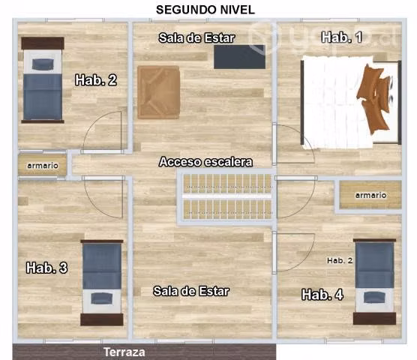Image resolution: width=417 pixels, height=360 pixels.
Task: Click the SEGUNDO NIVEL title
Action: [205, 10]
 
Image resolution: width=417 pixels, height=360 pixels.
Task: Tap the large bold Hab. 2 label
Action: [96, 79]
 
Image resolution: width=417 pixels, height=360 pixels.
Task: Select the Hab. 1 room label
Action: [341, 37]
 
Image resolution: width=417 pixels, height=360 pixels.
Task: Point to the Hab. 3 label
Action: [46, 268]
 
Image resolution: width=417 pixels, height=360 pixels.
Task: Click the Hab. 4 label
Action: [322, 295]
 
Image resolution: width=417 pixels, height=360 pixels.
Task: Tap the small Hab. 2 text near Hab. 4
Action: [340, 260]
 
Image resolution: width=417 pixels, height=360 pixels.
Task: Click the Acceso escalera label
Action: [205, 162]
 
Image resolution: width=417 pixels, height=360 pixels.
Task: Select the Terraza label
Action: [124, 352]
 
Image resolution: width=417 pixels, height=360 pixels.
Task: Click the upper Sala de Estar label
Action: [196, 38]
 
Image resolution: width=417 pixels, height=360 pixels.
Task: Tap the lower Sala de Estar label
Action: [191, 291]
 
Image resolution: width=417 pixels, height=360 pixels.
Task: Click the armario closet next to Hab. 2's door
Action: [42, 165]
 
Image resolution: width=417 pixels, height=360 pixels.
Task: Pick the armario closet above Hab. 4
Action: [370, 195]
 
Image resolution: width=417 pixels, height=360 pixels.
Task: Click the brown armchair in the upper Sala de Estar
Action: [159, 92]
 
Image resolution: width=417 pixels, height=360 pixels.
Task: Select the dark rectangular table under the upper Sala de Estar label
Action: [239, 57]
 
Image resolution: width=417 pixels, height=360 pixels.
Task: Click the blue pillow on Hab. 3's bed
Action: [101, 298]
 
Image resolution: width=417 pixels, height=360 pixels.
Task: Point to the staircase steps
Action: [227, 196]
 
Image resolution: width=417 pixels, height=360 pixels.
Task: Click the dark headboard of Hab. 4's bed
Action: [374, 319]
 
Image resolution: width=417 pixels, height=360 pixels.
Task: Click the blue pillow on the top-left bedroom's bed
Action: [43, 64]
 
